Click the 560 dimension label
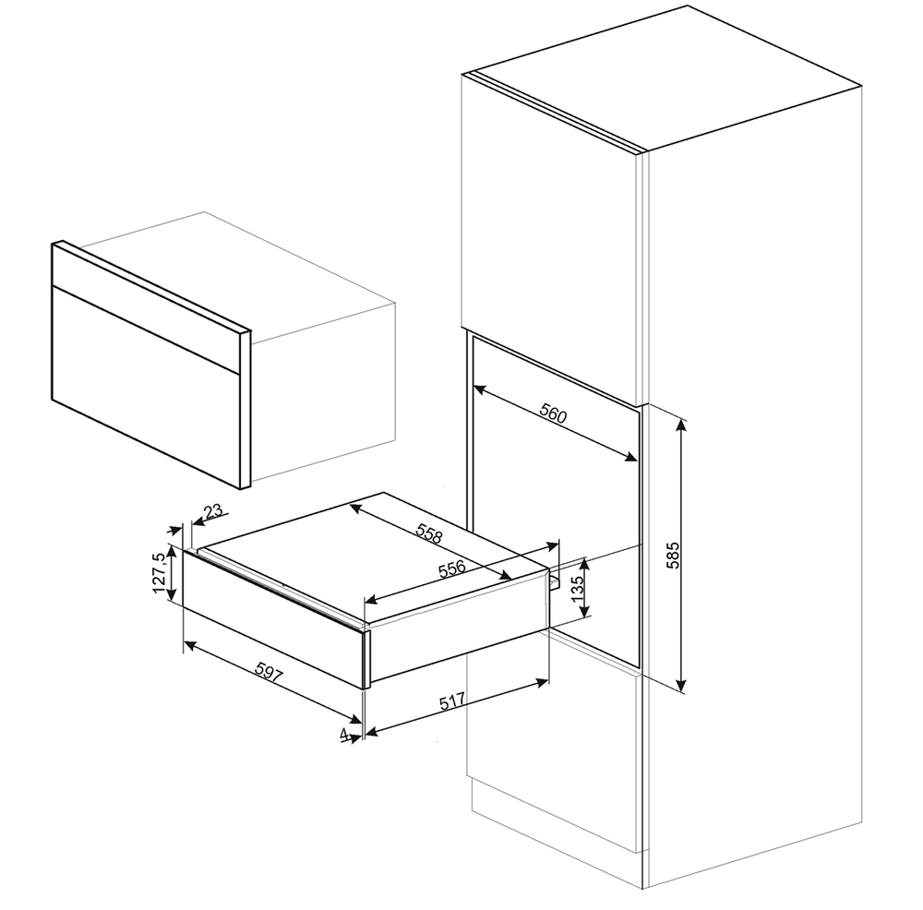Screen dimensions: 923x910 pos(553,415)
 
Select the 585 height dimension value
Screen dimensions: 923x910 pos(673,555)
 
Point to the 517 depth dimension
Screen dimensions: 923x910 pos(452,701)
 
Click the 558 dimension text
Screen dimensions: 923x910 pos(428,533)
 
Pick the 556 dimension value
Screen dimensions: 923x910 pos(452,569)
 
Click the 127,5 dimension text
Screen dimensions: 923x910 pos(159,573)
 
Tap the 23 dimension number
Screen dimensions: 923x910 pos(214,510)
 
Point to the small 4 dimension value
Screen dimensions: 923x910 pos(343,734)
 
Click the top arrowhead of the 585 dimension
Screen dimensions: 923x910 pos(681,425)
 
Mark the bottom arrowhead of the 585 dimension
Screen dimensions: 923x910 pos(681,685)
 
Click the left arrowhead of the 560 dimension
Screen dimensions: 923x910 pos(479,389)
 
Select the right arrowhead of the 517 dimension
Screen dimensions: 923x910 pos(542,682)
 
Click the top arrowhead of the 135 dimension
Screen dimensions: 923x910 pos(584,564)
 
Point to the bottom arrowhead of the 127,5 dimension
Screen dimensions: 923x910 pos(172,594)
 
